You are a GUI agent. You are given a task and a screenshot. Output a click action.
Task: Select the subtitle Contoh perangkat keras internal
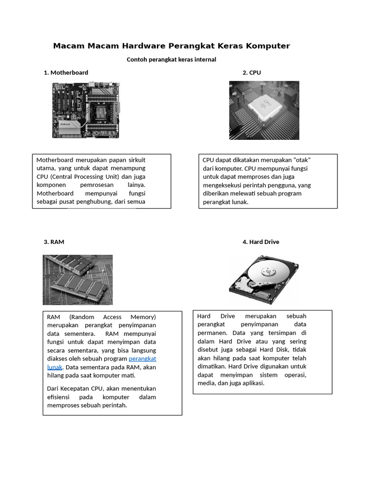[x=171, y=59]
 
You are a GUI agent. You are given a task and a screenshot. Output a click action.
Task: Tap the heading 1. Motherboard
[x=66, y=72]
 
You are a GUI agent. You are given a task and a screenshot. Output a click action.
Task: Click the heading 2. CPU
[x=251, y=72]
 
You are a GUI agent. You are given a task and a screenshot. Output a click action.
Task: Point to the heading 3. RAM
[x=54, y=242]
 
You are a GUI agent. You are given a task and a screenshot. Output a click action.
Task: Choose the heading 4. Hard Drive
[x=260, y=242]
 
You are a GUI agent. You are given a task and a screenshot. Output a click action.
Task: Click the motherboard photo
[x=86, y=110]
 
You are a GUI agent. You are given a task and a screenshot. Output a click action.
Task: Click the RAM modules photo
[x=77, y=280]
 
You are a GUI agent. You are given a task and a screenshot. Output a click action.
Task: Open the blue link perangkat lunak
[x=142, y=359]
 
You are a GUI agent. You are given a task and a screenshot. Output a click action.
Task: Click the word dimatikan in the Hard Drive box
[x=211, y=367]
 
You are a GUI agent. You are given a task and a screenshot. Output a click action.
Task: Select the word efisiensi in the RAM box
[x=60, y=397]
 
